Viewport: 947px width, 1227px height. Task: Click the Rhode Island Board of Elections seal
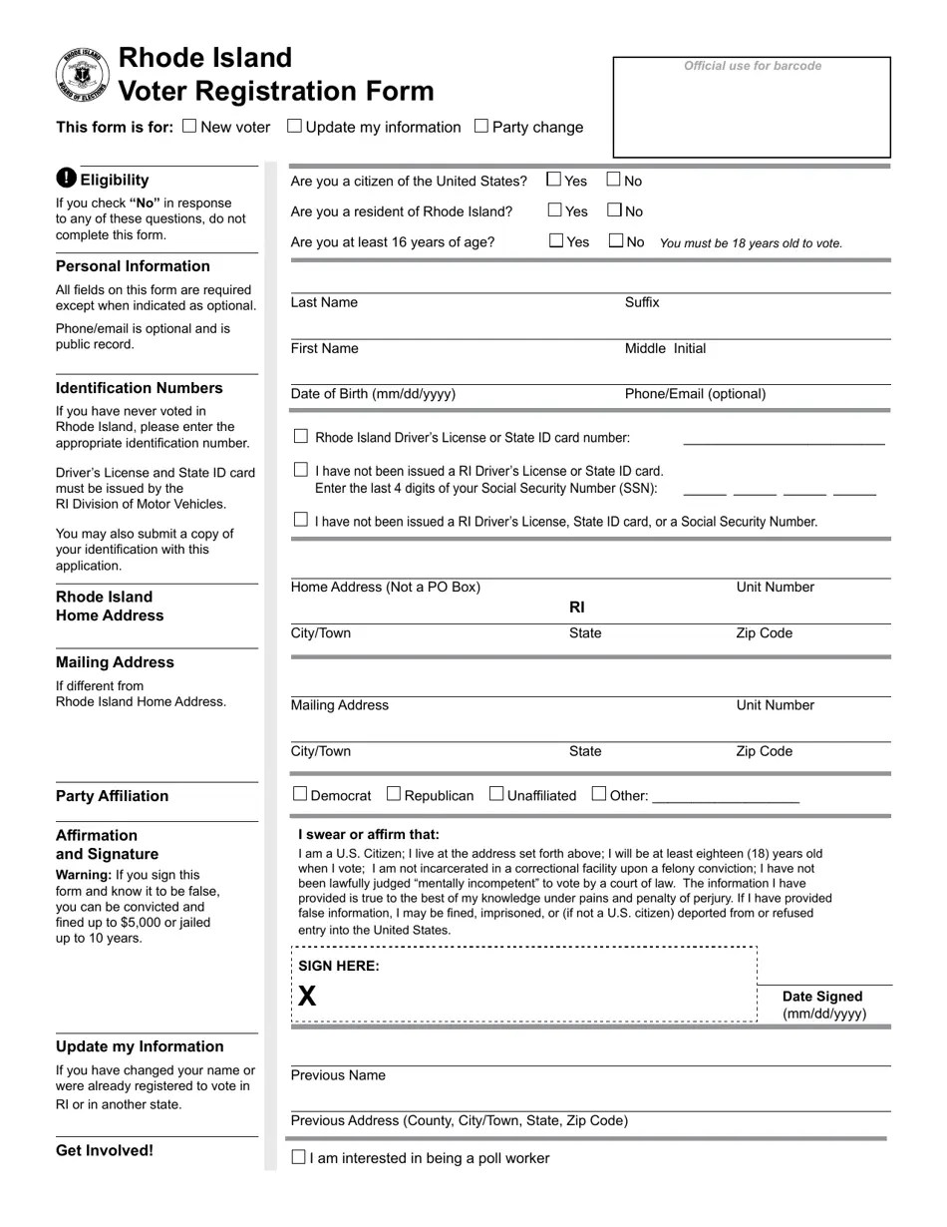point(83,76)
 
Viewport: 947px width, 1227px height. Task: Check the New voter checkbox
point(190,126)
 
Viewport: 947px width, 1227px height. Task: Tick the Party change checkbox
point(481,126)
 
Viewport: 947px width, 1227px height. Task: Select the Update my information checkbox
point(294,126)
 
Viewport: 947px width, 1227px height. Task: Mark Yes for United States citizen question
point(554,180)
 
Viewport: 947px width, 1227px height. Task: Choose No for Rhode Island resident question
point(615,210)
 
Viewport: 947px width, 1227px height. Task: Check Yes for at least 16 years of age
point(556,240)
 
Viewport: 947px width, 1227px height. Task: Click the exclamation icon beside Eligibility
point(66,179)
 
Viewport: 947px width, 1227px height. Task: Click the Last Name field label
point(324,302)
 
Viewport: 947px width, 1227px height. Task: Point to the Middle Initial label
point(665,348)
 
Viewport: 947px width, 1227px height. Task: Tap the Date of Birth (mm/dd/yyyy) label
point(373,394)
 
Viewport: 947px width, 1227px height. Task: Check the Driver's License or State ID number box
point(301,436)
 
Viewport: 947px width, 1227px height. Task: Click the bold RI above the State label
point(577,607)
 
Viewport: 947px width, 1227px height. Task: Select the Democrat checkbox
point(300,794)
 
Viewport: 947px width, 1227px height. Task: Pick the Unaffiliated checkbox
point(496,794)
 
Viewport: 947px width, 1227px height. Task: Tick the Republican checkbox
point(394,794)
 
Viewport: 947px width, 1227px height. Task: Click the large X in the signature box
point(307,996)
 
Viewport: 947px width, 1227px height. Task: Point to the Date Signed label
point(822,997)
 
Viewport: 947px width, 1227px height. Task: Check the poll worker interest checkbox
point(298,1157)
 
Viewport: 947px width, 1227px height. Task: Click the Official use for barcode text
point(753,66)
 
